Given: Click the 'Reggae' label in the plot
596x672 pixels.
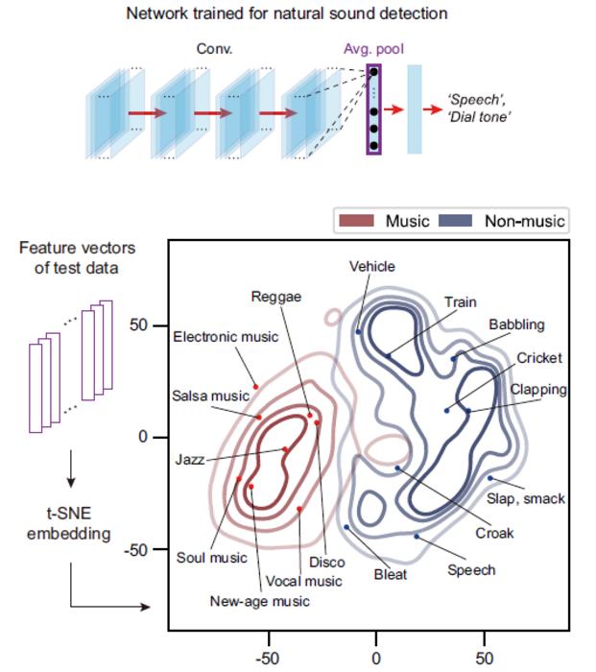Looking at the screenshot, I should (275, 297).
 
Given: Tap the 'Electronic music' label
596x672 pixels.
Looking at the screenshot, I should (226, 337).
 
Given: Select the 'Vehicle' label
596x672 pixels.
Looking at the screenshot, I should (371, 267).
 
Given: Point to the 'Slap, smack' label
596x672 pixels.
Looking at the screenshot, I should (526, 498).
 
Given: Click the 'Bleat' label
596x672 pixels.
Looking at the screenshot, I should (390, 574).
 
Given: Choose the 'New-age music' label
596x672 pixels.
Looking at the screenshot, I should (259, 602).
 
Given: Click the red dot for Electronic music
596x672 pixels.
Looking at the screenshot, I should (256, 386).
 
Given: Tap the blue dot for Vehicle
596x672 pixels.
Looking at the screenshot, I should (358, 332).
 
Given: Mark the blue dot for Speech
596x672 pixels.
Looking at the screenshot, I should (417, 536).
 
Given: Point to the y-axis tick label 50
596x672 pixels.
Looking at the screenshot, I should (139, 325).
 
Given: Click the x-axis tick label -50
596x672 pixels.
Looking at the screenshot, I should (268, 659).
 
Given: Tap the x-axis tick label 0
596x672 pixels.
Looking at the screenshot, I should (376, 659).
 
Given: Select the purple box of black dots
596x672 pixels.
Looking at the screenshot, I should (373, 109).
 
